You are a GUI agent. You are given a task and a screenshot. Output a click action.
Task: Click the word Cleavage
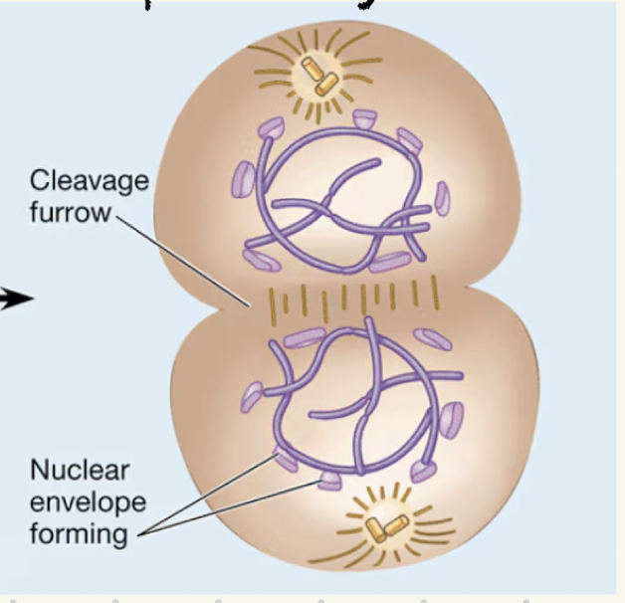pyautogui.click(x=89, y=182)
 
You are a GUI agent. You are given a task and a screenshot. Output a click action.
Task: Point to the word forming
pyautogui.click(x=78, y=534)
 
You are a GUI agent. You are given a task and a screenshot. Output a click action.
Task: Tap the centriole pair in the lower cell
pyautogui.click(x=382, y=524)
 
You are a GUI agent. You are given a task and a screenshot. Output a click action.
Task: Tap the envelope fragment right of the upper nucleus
pyautogui.click(x=442, y=199)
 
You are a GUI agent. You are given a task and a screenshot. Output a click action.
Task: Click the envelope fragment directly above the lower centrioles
pyautogui.click(x=332, y=484)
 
